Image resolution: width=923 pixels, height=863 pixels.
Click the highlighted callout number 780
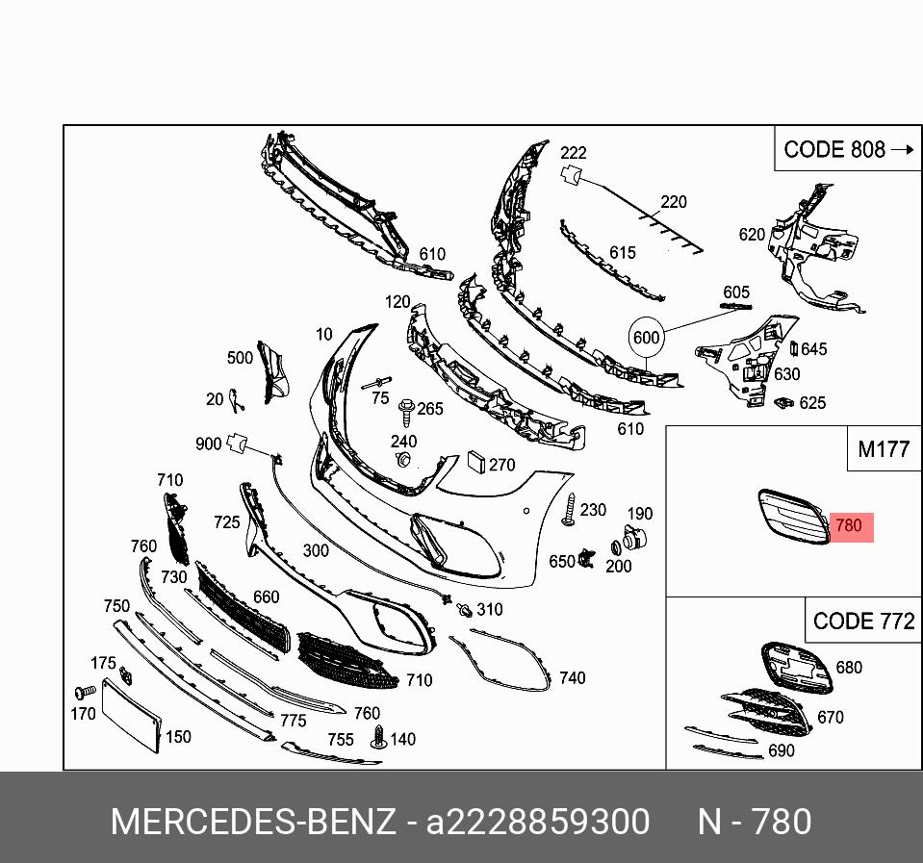tap(848, 526)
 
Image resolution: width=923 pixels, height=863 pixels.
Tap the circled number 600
tap(646, 338)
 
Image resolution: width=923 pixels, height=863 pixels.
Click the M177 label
tap(884, 449)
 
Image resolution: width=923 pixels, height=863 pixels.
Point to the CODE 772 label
tap(863, 621)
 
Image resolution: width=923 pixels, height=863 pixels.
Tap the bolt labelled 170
tap(83, 692)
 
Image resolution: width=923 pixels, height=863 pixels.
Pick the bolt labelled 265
tap(405, 411)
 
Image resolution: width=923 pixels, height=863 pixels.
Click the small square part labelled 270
tap(476, 462)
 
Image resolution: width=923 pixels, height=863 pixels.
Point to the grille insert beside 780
tap(791, 517)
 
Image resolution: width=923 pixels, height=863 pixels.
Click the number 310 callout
tap(489, 609)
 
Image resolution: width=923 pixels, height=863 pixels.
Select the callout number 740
tap(572, 678)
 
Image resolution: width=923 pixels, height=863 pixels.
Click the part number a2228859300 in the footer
tap(538, 823)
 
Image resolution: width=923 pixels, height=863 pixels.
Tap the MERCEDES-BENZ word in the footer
tap(252, 823)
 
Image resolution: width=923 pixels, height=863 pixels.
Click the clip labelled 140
tap(378, 739)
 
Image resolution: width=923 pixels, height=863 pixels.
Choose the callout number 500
tap(240, 358)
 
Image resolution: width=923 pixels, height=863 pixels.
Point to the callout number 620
tap(752, 234)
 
